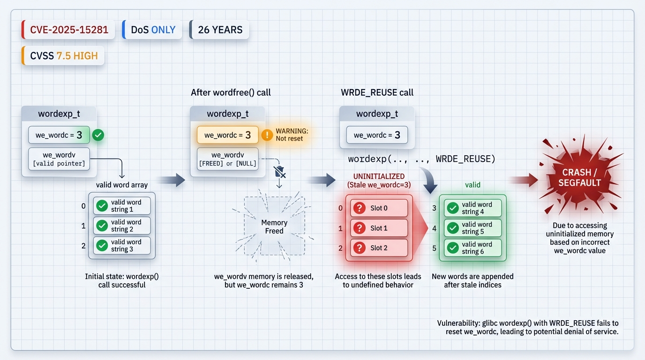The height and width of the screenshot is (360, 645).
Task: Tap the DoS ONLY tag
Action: click(152, 30)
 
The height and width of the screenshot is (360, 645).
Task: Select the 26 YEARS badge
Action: click(219, 30)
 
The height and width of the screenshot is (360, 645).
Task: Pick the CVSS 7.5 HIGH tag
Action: click(63, 56)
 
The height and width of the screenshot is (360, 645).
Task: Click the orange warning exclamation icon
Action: click(267, 135)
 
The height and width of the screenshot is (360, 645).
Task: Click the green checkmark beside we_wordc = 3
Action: click(98, 135)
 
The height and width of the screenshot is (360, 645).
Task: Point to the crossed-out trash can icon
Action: click(279, 172)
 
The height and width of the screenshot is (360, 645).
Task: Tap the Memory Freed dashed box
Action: click(274, 227)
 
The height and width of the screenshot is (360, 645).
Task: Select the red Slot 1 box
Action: click(379, 228)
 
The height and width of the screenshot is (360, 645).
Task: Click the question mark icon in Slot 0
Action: click(360, 208)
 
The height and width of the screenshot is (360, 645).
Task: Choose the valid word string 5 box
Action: click(472, 228)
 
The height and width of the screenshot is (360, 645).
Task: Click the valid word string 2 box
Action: click(122, 225)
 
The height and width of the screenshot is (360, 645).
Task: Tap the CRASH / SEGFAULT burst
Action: click(580, 178)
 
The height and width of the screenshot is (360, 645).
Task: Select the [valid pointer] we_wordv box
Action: click(59, 159)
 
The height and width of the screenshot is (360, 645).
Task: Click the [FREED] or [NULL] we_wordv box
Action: click(228, 159)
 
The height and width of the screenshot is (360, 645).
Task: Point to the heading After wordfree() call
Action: click(231, 92)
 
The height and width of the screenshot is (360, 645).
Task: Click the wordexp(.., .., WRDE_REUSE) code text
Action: click(421, 159)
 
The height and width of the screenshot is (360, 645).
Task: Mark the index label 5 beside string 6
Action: click(434, 248)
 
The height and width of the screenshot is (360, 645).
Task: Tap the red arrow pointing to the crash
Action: click(524, 180)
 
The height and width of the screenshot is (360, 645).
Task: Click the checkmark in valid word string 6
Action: click(453, 248)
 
